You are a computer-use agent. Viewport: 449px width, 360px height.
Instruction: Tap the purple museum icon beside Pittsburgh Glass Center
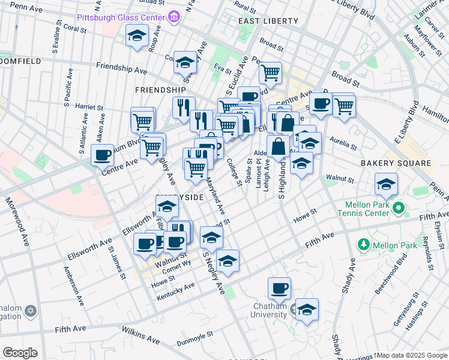point(174,16)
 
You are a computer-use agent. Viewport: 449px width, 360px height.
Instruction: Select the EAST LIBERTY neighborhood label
point(268,21)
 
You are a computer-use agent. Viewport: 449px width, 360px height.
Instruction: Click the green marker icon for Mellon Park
point(363,245)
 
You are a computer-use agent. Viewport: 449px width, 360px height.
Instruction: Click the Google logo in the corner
point(20,353)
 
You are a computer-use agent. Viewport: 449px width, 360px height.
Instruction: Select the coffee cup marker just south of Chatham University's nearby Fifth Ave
point(279,289)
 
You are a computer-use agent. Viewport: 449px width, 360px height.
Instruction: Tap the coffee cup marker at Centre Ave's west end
point(102,155)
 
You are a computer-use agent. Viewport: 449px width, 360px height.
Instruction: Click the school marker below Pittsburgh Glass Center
point(137,37)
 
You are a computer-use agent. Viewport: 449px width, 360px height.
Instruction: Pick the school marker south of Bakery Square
point(386,184)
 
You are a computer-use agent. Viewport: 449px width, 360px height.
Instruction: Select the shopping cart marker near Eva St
point(270,73)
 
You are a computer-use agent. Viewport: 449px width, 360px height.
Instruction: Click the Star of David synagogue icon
point(31,311)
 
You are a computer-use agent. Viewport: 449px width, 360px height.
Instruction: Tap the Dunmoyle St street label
point(195,343)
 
